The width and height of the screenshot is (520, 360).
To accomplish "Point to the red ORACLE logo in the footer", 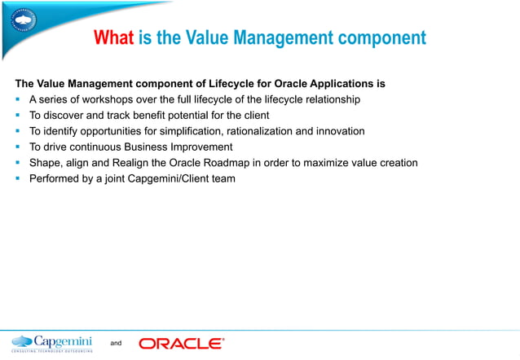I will (x=181, y=344).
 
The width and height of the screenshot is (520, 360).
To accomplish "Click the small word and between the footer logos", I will (x=115, y=344).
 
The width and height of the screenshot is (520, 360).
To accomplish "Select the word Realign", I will (x=120, y=163).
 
